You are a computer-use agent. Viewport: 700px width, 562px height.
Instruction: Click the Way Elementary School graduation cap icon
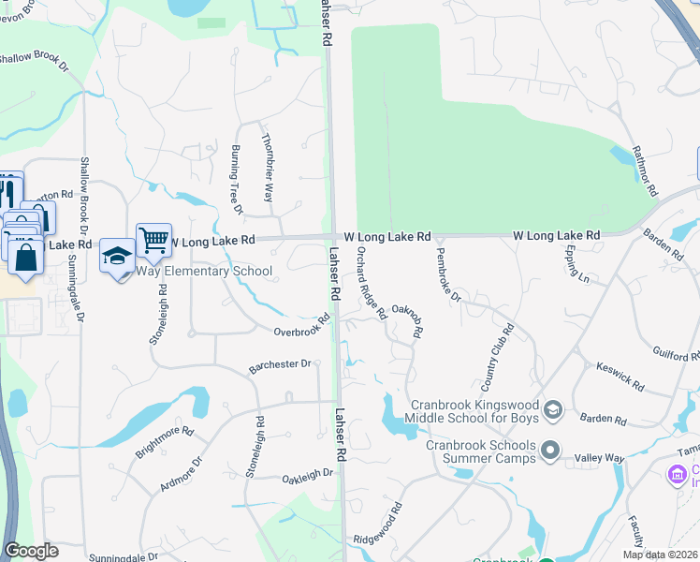click(117, 255)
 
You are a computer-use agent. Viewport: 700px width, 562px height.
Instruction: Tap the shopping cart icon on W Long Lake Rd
click(153, 239)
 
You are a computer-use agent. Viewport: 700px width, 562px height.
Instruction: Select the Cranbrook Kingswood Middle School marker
click(553, 408)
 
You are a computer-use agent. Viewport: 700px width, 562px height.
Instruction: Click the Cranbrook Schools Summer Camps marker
click(552, 451)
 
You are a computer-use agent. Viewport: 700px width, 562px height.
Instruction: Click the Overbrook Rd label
click(302, 327)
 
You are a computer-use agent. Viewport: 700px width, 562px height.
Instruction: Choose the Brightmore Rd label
click(164, 442)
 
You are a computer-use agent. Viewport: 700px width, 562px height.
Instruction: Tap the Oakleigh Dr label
click(308, 476)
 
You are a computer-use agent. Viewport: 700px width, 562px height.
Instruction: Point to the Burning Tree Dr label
click(236, 180)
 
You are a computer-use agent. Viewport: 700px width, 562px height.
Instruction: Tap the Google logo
click(31, 551)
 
